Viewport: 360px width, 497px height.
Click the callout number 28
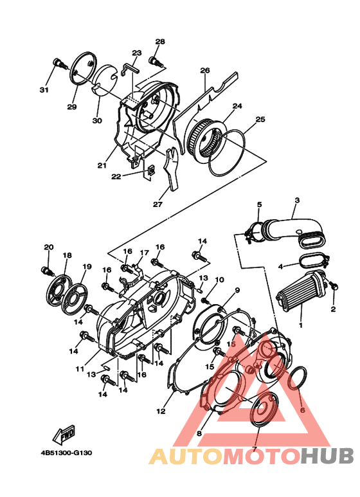point(160,42)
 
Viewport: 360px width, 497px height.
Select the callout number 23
point(136,53)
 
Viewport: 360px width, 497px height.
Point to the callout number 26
point(205,70)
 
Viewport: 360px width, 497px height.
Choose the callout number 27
point(157,204)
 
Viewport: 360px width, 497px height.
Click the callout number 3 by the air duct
point(297,201)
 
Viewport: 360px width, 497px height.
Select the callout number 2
point(333,309)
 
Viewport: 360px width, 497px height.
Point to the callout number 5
point(259,204)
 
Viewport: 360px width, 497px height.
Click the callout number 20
point(48,247)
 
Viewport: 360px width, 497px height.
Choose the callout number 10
point(219,280)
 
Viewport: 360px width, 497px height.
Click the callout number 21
point(102,165)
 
